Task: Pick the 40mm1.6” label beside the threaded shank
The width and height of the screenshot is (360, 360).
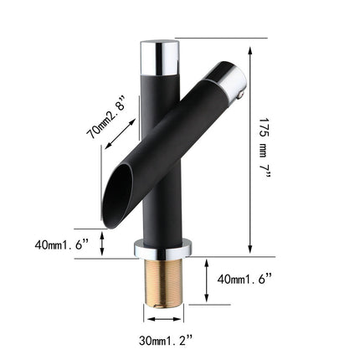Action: pyautogui.click(x=249, y=277)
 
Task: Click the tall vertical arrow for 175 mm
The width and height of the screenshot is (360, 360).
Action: pyautogui.click(x=250, y=147)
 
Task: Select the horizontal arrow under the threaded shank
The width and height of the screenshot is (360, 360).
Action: pyautogui.click(x=164, y=318)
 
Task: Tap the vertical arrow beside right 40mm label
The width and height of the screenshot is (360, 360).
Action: pyautogui.click(x=204, y=277)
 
